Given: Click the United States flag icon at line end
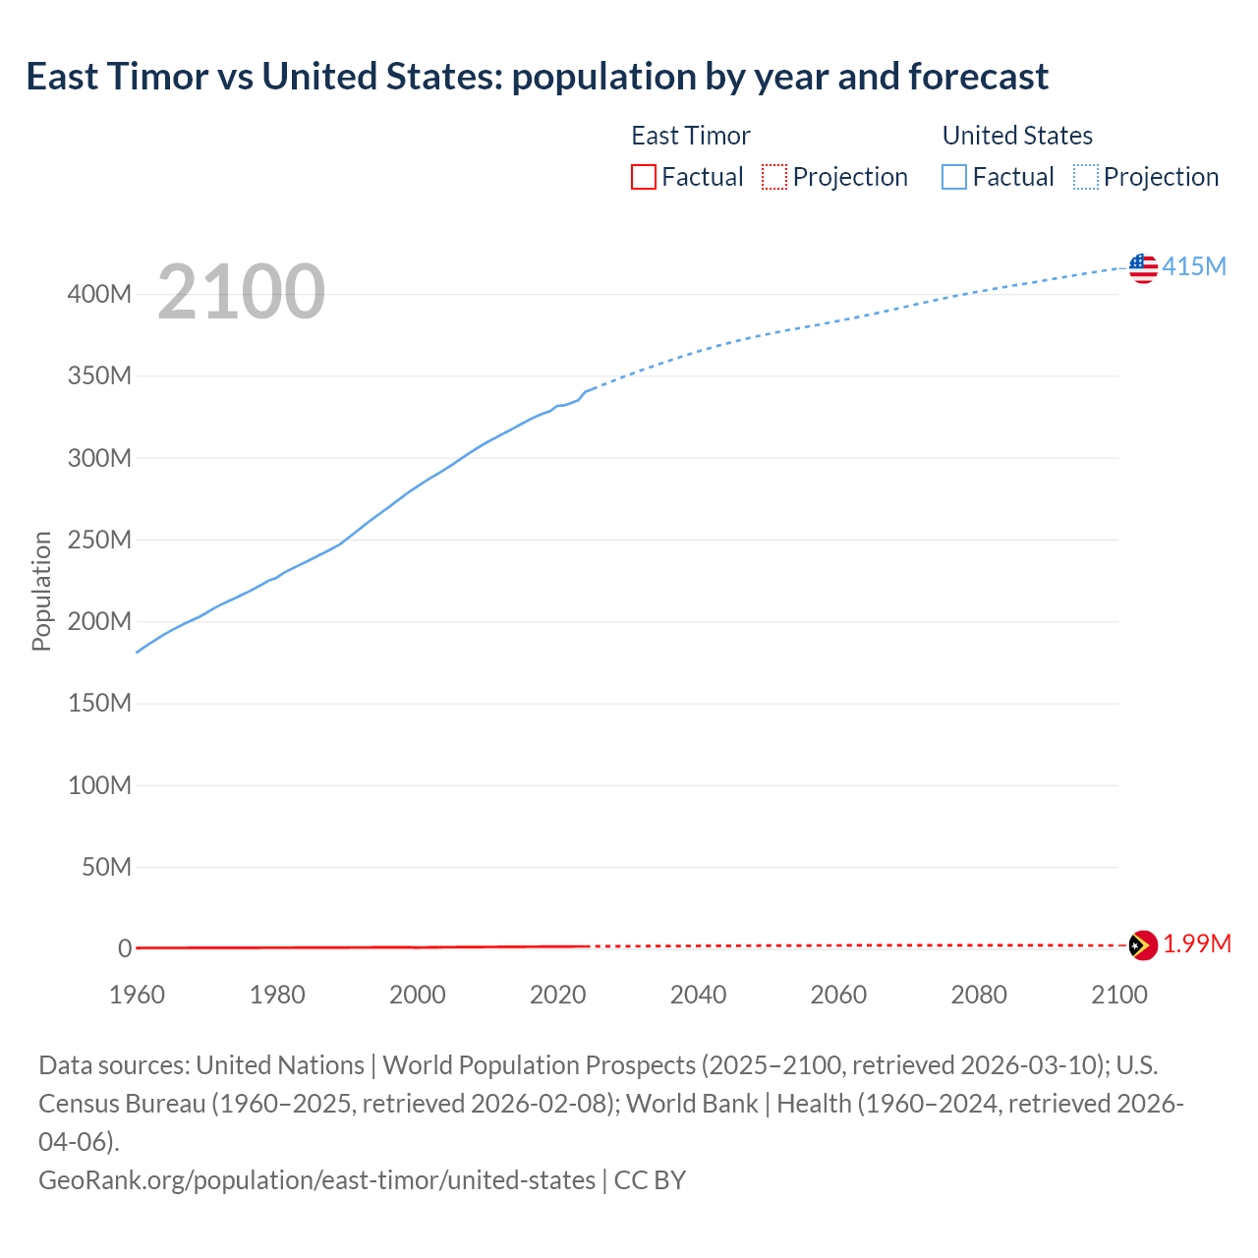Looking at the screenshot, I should pos(1143,267).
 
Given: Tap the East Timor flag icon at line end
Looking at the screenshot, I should pos(1143,945).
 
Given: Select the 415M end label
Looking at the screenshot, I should pos(1194,266).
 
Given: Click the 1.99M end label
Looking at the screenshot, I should pos(1197,944).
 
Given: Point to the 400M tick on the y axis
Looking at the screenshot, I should pos(99,294).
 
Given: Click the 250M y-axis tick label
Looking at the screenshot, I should pos(99,540).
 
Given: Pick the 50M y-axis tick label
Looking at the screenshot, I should pos(106,867).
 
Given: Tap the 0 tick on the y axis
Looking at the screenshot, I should pos(125,948).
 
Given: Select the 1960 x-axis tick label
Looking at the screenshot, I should pos(137,995).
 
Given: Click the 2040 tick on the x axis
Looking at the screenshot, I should pos(698,995).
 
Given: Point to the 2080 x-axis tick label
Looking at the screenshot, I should pos(979,995).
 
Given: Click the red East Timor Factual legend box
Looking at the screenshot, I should pos(643,177).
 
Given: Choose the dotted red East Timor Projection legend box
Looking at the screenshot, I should pos(774,177).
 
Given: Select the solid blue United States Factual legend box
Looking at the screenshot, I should pos(953,177).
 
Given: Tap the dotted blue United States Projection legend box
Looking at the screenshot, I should pos(1085,177).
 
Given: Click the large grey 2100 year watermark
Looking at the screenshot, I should pos(241,292).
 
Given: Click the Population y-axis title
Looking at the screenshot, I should pos(41,591).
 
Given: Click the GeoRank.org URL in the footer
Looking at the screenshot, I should pos(316,1179).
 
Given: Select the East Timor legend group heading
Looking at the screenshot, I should pos(690,136).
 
